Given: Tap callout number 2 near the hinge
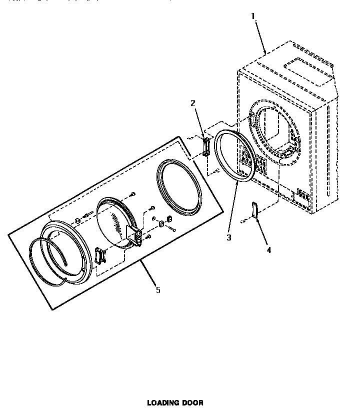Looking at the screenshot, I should tap(192, 103).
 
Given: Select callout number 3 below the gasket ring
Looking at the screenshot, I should tap(229, 237).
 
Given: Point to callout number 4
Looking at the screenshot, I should tap(268, 250).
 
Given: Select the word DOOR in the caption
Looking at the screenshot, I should tap(194, 402).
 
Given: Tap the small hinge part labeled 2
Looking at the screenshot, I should tap(205, 147).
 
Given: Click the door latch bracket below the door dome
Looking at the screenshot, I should tap(99, 256).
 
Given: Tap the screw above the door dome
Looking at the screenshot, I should tap(133, 194).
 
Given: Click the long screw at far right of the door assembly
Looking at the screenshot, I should tap(172, 229).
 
